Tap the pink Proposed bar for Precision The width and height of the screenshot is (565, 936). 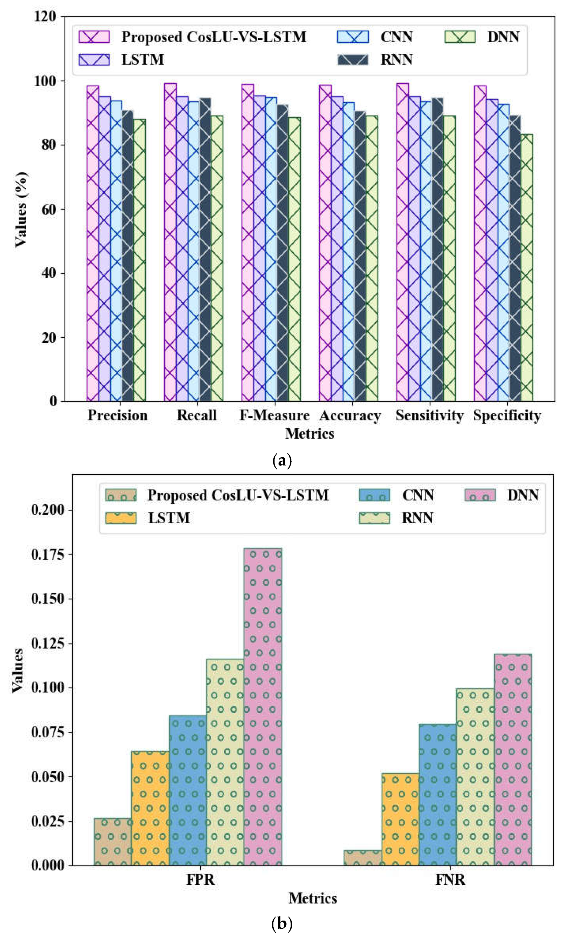tap(93, 243)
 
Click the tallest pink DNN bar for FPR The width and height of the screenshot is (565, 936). tap(263, 706)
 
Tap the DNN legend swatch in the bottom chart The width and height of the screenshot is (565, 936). tap(479, 495)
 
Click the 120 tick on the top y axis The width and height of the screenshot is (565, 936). tap(45, 16)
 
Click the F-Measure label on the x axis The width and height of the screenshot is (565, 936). tap(274, 415)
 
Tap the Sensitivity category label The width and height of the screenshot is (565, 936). tap(429, 415)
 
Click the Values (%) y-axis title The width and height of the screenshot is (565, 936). tap(21, 209)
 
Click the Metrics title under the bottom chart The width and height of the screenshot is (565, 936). tap(313, 898)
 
